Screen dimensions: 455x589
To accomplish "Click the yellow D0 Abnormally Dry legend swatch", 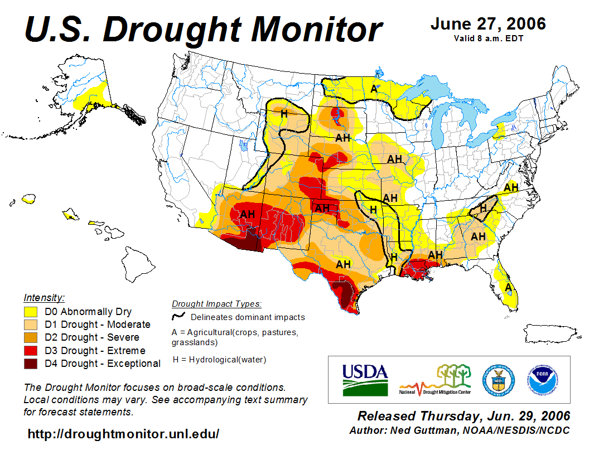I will [x=30, y=312].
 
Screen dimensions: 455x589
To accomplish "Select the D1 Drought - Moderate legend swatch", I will [x=30, y=325].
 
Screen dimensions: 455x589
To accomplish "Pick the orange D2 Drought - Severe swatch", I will [x=30, y=337].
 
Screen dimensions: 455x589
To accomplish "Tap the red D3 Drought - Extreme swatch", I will [x=30, y=350].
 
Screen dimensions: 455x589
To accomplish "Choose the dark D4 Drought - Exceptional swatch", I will [x=30, y=364].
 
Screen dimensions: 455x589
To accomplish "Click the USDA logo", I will [x=365, y=379].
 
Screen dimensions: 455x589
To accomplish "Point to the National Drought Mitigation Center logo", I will [x=436, y=380].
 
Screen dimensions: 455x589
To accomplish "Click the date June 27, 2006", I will [x=488, y=24].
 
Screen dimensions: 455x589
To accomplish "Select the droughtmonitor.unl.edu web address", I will [x=123, y=434].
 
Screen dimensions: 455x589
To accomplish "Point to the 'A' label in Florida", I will [x=508, y=287].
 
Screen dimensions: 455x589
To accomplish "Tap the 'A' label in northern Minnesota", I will [x=374, y=89].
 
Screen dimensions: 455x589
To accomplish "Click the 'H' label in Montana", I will [x=284, y=114].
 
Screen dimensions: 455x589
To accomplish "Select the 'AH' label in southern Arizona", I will [x=247, y=214].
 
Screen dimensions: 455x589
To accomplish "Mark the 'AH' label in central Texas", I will [x=343, y=264].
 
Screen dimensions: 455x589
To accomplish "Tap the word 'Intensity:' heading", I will [x=44, y=297].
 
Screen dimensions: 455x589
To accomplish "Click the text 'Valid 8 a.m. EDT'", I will [x=488, y=38].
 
